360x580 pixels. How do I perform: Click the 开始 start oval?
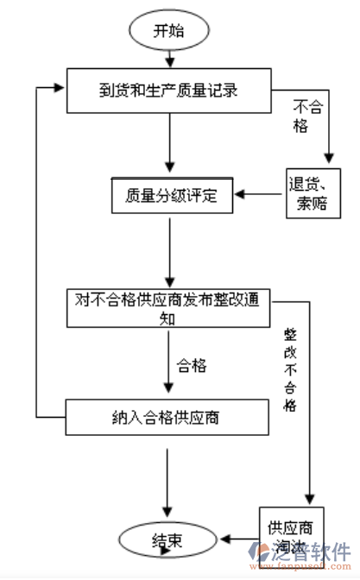(x=168, y=32)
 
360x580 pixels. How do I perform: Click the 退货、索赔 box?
(x=311, y=195)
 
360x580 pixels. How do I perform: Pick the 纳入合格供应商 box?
(x=168, y=418)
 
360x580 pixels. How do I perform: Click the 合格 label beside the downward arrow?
(x=192, y=365)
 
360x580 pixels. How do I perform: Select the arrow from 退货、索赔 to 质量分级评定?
(x=260, y=195)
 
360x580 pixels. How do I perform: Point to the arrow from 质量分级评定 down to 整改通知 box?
(x=169, y=251)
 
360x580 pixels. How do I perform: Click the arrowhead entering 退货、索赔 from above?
(x=328, y=159)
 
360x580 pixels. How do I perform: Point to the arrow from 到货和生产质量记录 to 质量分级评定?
(x=169, y=142)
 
